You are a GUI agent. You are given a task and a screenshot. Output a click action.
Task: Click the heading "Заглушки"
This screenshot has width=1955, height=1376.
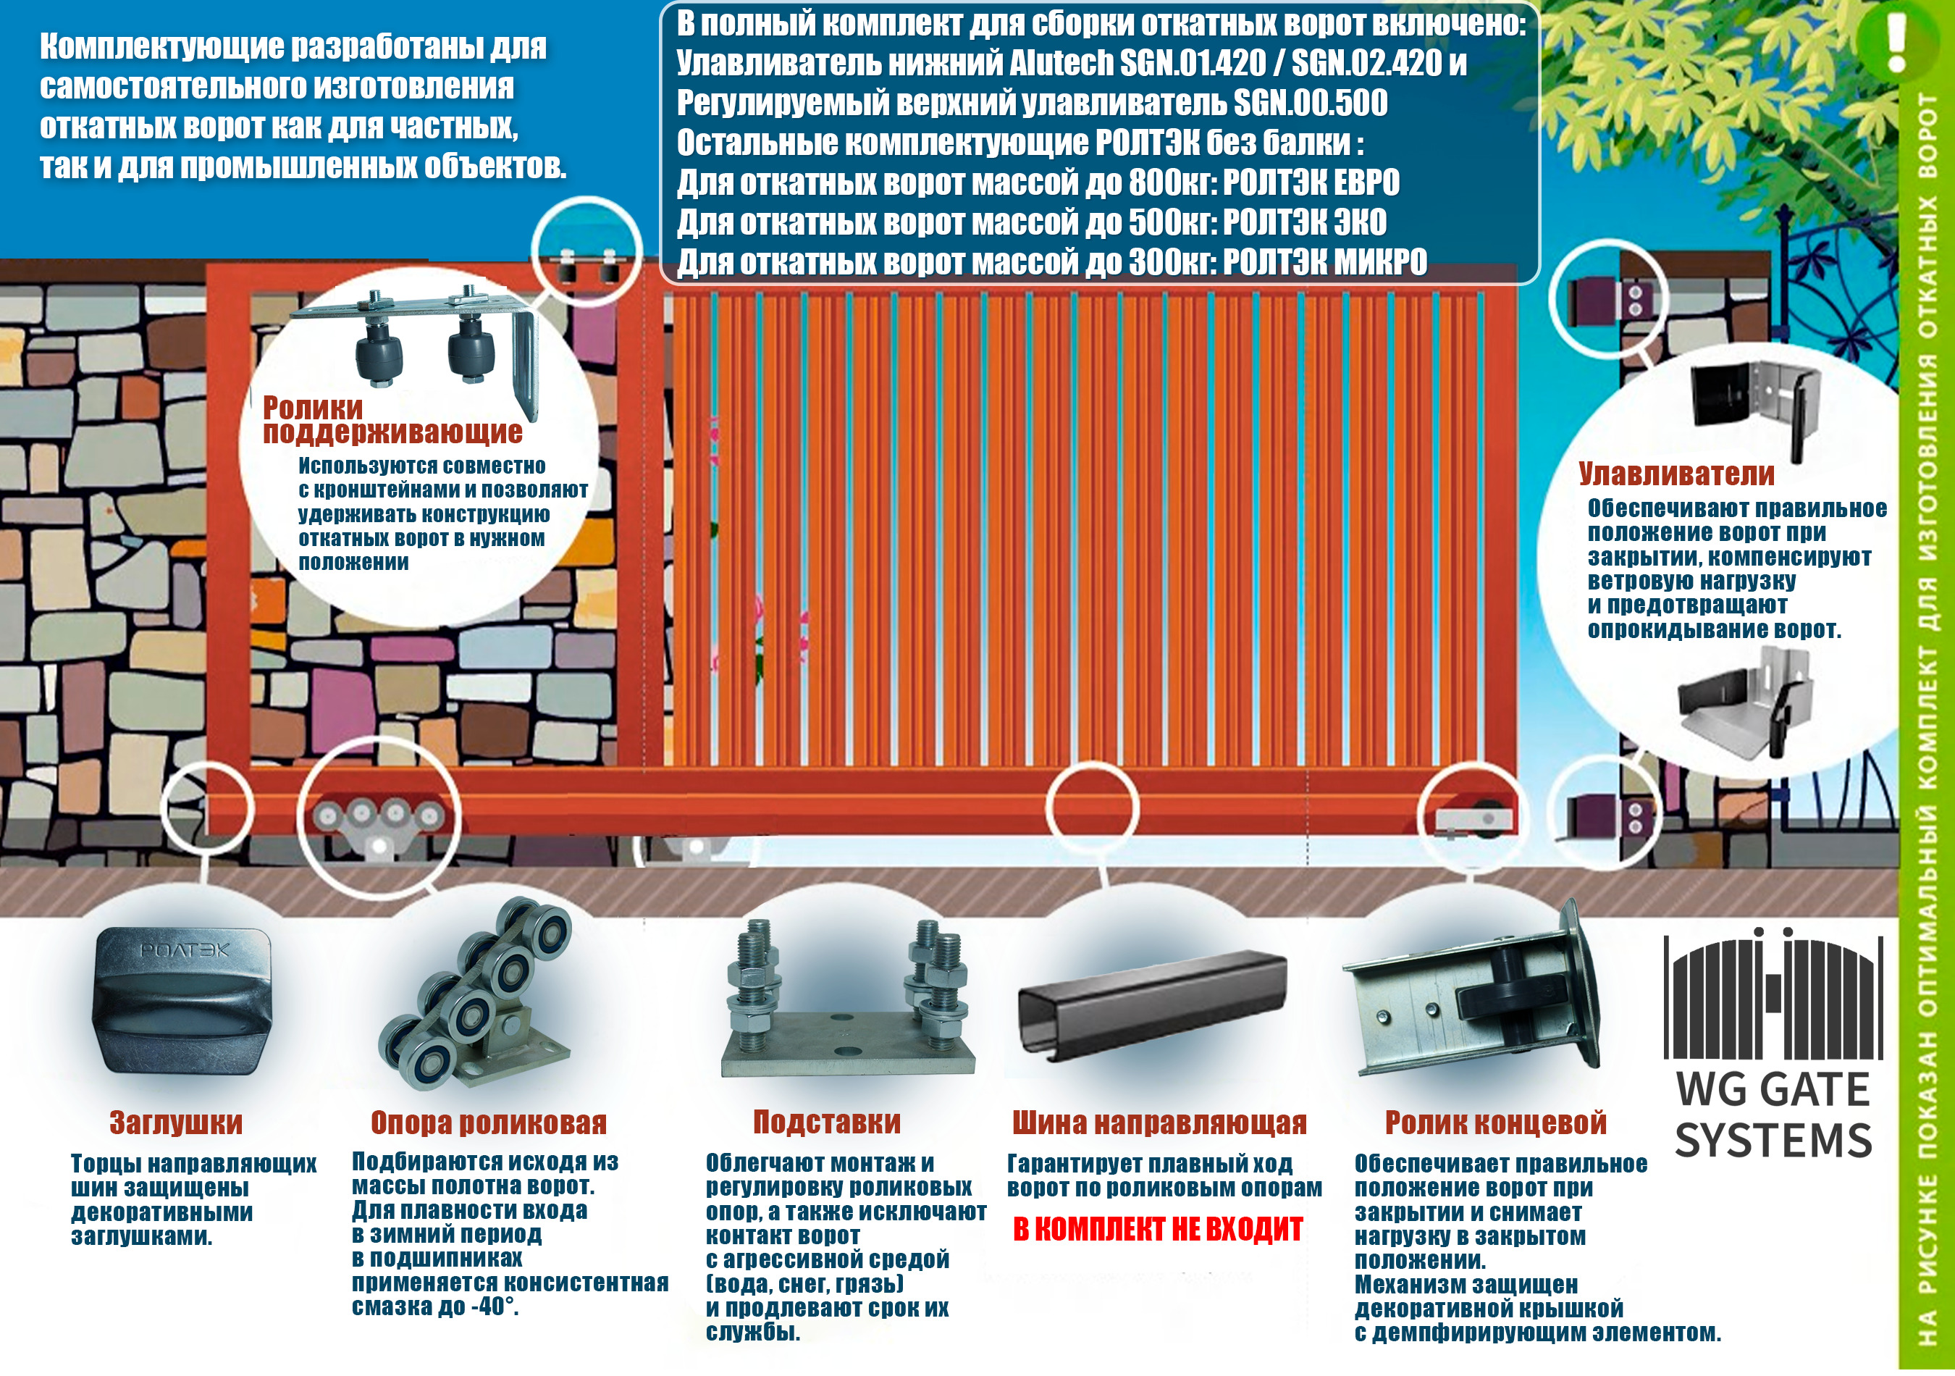coord(176,1123)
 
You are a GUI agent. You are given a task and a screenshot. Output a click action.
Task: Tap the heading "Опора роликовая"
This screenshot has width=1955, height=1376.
coord(489,1123)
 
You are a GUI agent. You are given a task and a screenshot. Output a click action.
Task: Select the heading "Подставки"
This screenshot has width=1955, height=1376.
coord(827,1123)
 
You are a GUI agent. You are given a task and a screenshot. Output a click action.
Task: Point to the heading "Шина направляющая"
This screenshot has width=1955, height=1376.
coord(1159,1123)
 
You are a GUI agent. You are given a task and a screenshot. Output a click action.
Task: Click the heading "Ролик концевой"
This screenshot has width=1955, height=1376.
coord(1496,1123)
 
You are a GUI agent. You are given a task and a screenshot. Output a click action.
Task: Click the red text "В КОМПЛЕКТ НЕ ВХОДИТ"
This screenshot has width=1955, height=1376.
coord(1158,1230)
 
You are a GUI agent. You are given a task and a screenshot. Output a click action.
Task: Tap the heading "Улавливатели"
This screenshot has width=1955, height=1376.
coord(1676,474)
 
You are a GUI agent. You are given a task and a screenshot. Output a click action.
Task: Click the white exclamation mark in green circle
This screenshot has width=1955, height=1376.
coord(1896,41)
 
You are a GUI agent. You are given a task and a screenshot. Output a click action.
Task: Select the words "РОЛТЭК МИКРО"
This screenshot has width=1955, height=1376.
coord(1325,262)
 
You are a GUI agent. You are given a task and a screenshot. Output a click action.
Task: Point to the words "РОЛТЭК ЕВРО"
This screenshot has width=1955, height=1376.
coord(1311,183)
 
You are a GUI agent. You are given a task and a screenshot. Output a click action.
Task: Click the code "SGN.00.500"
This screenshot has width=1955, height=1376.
coord(1311,103)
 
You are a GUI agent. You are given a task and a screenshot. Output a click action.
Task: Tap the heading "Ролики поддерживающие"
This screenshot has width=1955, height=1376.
coord(392,420)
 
